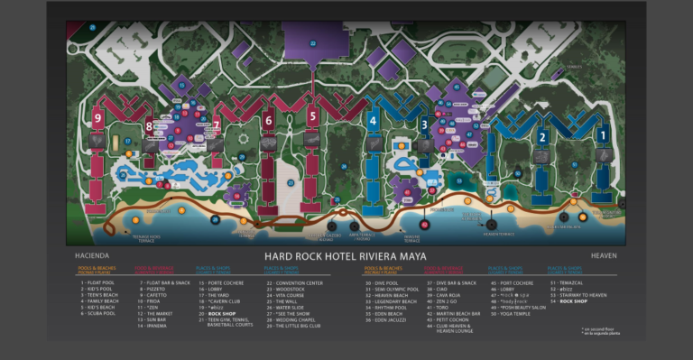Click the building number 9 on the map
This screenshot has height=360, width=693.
click(x=97, y=117)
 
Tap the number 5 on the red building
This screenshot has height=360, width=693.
click(x=312, y=115)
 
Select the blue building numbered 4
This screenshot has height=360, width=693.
click(x=373, y=119)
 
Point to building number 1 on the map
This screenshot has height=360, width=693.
click(x=602, y=134)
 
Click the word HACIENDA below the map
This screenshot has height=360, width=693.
click(x=91, y=255)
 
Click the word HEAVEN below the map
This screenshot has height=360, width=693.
click(x=604, y=255)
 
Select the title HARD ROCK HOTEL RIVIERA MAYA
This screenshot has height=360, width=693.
click(x=346, y=255)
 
